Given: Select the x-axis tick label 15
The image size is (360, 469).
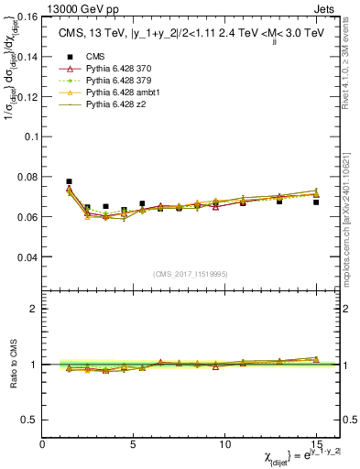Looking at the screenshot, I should (x=316, y=443).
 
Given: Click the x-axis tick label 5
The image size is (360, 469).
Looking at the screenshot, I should (x=134, y=443).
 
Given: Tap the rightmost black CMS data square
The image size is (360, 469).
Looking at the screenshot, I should (x=316, y=202).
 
